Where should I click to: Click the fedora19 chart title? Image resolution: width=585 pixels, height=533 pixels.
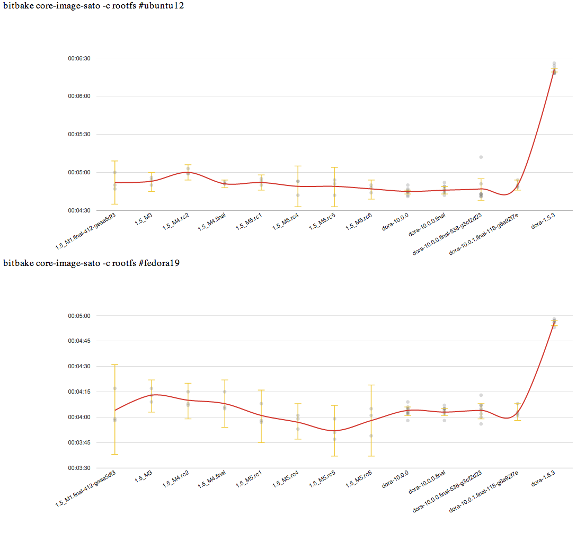pos(91,263)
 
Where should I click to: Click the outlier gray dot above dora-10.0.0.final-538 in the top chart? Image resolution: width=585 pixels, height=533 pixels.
pos(481,157)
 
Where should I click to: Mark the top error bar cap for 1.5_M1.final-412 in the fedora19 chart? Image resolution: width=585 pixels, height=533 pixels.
pos(115,365)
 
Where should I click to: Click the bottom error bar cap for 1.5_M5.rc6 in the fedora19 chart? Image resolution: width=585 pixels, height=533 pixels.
pos(371,456)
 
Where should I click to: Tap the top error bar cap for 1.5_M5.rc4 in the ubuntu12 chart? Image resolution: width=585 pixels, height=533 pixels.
pos(298,166)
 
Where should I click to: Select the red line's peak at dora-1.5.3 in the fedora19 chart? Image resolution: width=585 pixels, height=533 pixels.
pos(554,322)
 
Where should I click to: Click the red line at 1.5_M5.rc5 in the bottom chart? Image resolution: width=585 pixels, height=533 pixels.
pos(334,431)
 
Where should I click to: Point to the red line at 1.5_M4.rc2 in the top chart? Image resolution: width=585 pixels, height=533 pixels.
pos(188,172)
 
